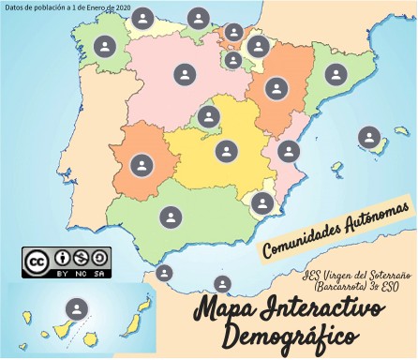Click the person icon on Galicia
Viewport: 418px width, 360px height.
click(x=105, y=46)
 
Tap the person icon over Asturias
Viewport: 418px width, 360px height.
click(x=142, y=18)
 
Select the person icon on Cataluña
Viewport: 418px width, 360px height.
click(x=335, y=75)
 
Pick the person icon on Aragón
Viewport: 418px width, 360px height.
click(x=276, y=89)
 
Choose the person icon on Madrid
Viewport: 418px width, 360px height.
click(x=209, y=117)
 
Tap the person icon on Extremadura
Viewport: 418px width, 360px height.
click(x=141, y=165)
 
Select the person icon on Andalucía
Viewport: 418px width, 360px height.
click(x=170, y=217)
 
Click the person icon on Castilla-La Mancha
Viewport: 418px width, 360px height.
click(x=226, y=150)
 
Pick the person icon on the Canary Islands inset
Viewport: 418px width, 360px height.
click(x=77, y=308)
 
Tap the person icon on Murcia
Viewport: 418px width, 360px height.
click(x=262, y=203)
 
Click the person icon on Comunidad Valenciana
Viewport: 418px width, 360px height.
click(x=288, y=151)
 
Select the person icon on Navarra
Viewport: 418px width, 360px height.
click(x=258, y=46)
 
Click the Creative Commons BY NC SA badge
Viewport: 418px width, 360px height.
click(x=67, y=261)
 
